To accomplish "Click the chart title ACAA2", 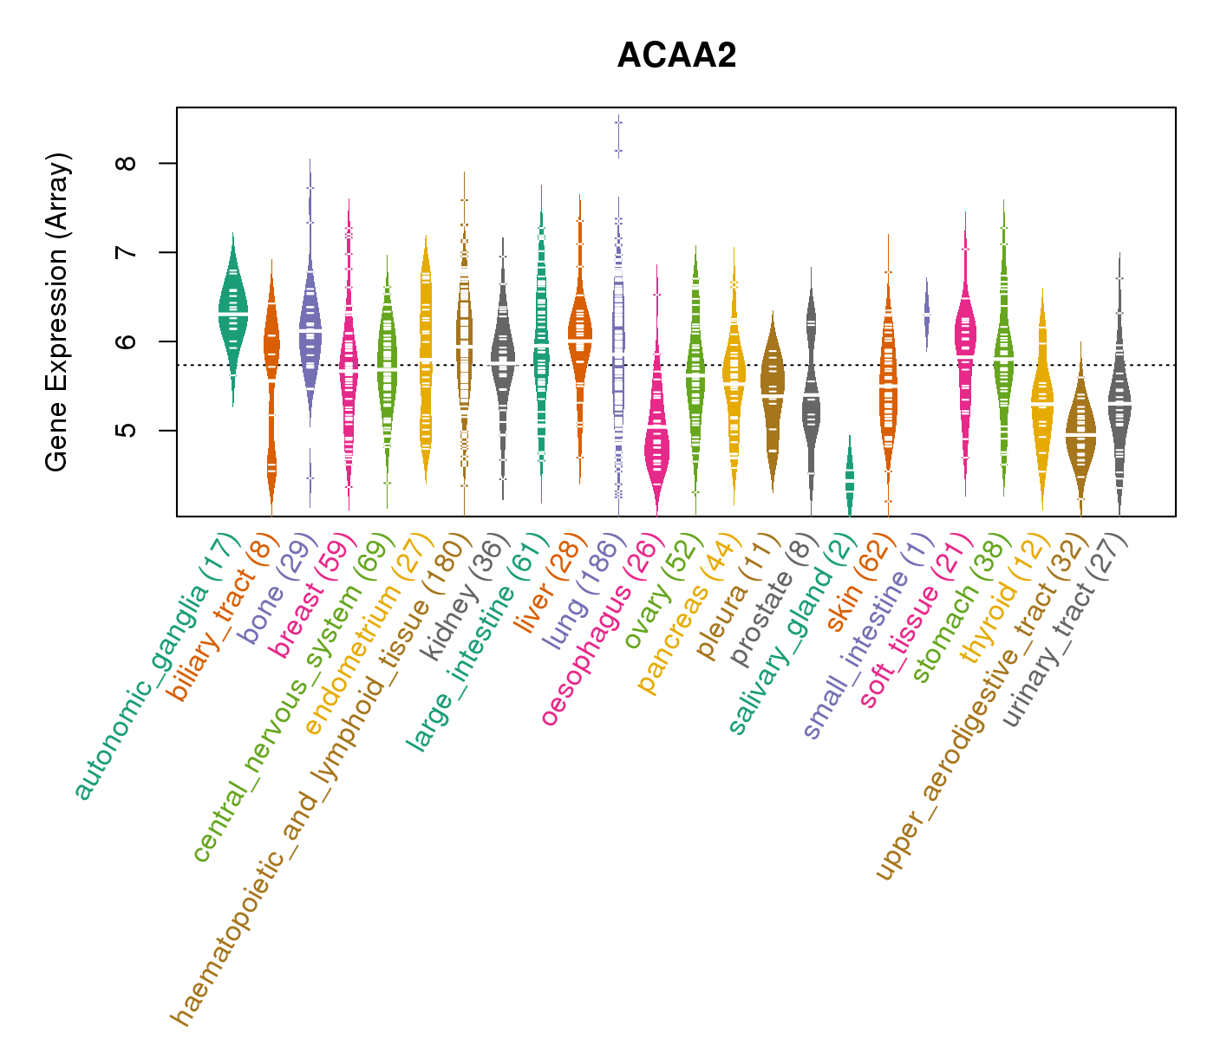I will [x=676, y=56].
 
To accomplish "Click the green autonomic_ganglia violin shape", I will [x=232, y=312].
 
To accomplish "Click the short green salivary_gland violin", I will [x=849, y=477].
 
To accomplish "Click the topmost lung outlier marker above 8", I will [x=618, y=122].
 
